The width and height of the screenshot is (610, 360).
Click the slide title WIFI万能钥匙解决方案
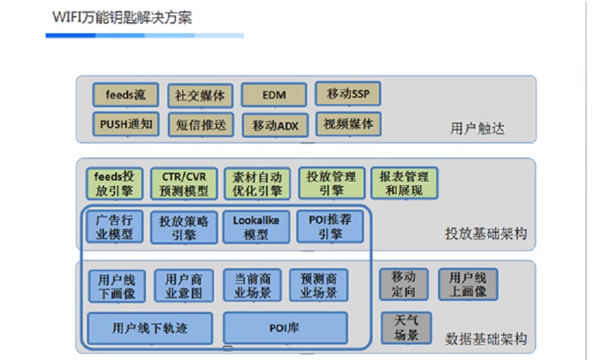pyautogui.click(x=122, y=17)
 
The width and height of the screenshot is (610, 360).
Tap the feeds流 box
pyautogui.click(x=125, y=95)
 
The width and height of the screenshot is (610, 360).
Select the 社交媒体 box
pyautogui.click(x=200, y=96)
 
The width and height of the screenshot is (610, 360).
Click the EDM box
pyautogui.click(x=274, y=95)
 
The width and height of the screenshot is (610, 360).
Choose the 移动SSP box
pyautogui.click(x=348, y=94)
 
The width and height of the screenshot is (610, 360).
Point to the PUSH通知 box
pyautogui.click(x=125, y=124)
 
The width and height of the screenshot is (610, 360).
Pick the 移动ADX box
pyautogui.click(x=274, y=126)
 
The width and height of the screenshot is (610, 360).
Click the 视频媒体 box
pyautogui.click(x=348, y=124)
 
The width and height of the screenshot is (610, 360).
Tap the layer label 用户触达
pyautogui.click(x=478, y=128)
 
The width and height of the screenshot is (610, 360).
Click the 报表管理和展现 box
pyautogui.click(x=403, y=183)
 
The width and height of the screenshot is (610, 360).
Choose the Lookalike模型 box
pyautogui.click(x=256, y=228)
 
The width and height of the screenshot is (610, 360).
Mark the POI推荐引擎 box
pyautogui.click(x=330, y=226)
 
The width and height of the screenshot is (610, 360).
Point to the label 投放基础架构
pyautogui.click(x=485, y=234)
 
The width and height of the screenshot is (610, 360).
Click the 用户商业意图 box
pyautogui.click(x=184, y=286)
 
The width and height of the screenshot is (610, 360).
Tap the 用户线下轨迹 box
pyautogui.click(x=150, y=327)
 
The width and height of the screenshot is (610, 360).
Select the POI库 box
pyautogui.click(x=284, y=327)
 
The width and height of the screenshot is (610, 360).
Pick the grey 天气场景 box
pyautogui.click(x=406, y=327)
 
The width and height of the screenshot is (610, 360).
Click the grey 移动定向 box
pyautogui.click(x=403, y=284)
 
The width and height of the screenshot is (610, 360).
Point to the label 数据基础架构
pyautogui.click(x=485, y=339)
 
